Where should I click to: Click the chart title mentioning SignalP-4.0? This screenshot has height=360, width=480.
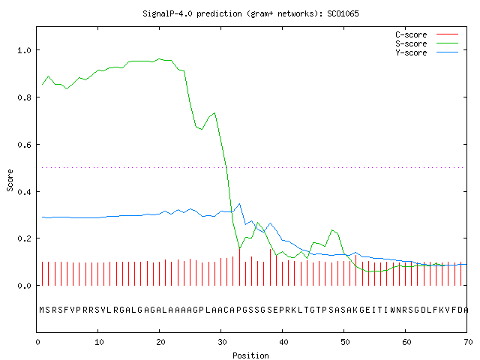250,13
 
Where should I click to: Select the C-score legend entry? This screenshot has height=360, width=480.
427,34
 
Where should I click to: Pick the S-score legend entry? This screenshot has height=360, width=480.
427,43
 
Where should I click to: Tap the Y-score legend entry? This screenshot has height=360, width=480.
427,52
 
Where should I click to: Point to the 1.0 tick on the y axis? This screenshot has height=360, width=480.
24,50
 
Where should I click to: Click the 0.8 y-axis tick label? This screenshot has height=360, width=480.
24,97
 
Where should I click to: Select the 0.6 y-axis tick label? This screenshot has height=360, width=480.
24,145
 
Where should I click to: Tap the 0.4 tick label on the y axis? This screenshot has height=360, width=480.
24,192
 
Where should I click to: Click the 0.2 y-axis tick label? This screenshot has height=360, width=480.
24,238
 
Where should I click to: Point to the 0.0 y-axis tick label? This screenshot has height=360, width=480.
24,286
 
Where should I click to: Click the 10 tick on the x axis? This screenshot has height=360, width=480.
99,342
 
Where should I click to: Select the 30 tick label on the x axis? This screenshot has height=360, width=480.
222,342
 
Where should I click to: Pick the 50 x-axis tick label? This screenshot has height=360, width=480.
345,342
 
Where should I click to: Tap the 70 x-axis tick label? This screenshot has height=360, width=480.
468,342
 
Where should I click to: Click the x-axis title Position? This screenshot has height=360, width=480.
250,355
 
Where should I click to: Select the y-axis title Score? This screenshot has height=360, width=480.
10,181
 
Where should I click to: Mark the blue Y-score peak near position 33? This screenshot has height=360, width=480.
239,203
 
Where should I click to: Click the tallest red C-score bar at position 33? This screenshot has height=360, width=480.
239,267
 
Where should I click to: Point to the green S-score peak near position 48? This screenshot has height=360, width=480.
331,230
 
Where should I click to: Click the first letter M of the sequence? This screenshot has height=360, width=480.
42,310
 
